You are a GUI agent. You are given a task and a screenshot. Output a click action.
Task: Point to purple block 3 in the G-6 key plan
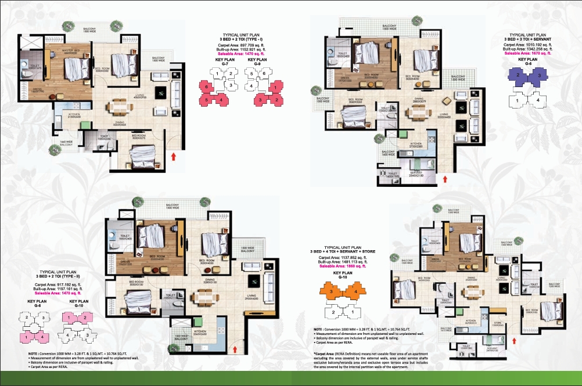540,76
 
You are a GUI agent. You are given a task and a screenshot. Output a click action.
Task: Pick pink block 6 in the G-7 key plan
205,86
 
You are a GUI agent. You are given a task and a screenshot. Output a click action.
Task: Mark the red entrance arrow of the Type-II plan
235,348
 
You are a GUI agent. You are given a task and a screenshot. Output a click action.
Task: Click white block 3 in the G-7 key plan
231,85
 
